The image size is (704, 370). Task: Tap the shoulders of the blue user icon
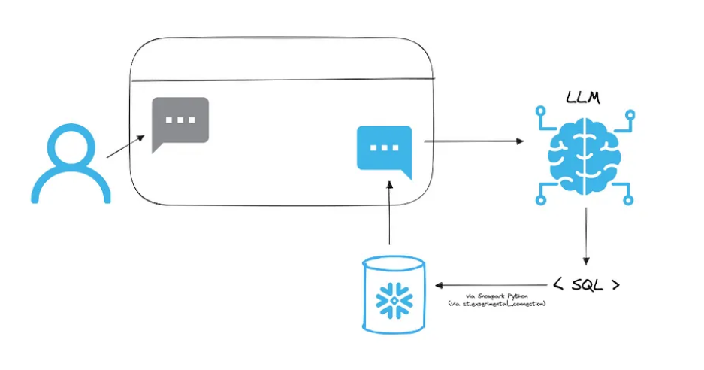click(x=71, y=188)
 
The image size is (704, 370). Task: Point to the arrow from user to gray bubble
click(x=126, y=147)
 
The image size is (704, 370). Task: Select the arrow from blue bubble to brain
click(x=473, y=141)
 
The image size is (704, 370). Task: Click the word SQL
click(x=586, y=285)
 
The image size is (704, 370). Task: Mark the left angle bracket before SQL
click(x=558, y=285)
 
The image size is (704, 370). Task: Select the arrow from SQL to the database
click(x=488, y=285)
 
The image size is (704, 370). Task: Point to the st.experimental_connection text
click(x=496, y=304)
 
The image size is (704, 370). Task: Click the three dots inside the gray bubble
click(x=180, y=120)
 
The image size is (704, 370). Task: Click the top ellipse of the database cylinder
click(x=393, y=265)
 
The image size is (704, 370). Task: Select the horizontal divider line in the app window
click(x=282, y=79)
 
